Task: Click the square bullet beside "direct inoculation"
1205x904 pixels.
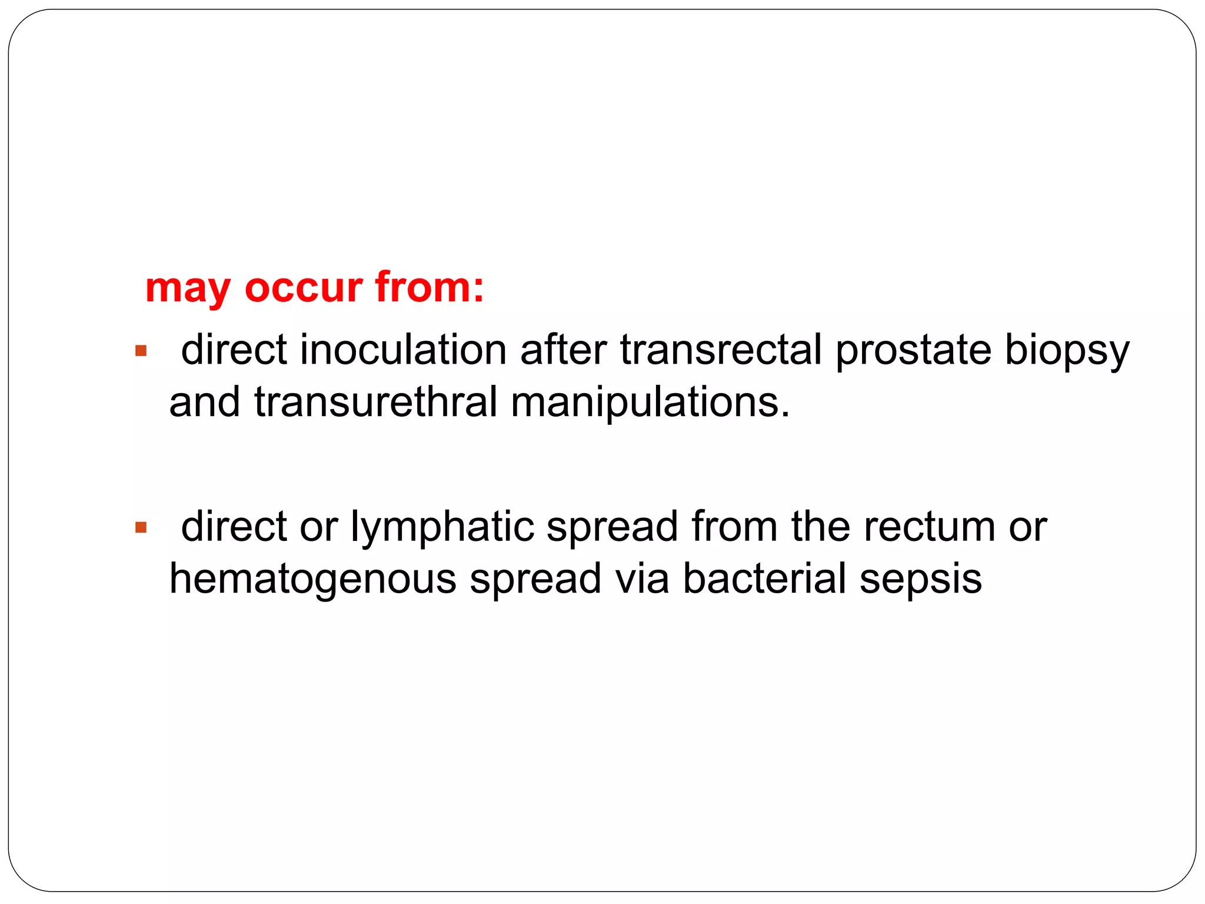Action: tap(141, 351)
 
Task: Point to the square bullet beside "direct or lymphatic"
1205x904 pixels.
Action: tap(141, 527)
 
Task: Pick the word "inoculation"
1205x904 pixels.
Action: tap(403, 350)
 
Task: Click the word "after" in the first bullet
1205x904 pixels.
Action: tap(563, 350)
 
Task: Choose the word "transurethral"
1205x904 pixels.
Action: tap(376, 403)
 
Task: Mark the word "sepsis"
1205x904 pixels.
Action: tap(921, 580)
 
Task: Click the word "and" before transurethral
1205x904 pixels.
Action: tap(205, 403)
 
